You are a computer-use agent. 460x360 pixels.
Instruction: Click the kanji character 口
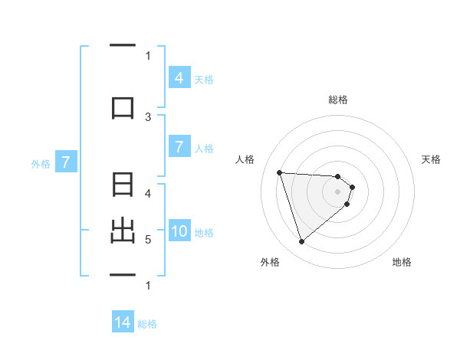123,106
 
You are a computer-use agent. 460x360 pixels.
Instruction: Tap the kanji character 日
123,186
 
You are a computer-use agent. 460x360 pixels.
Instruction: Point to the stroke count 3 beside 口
148,117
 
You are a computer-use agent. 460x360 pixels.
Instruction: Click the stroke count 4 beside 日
148,194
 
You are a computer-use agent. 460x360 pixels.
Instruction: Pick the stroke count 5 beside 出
148,239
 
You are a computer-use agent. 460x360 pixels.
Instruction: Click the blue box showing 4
179,78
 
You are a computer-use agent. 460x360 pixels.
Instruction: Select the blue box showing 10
179,231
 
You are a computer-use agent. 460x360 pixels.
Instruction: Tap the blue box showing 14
123,323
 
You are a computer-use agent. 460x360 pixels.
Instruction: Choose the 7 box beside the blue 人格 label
179,147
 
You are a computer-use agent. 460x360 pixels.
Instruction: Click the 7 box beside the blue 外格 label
66,162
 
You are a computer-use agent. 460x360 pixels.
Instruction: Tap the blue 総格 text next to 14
148,324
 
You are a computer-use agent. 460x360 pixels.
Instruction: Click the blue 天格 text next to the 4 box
204,79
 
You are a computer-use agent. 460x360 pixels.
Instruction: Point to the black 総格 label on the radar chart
338,100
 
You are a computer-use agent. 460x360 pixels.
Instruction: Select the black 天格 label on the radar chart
432,159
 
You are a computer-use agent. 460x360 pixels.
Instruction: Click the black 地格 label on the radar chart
402,263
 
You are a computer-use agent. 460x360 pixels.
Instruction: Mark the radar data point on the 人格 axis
280,172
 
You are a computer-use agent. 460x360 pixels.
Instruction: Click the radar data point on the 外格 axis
301,242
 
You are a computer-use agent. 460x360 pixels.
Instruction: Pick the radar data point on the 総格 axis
338,176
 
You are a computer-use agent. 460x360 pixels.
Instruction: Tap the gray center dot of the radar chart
338,201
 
